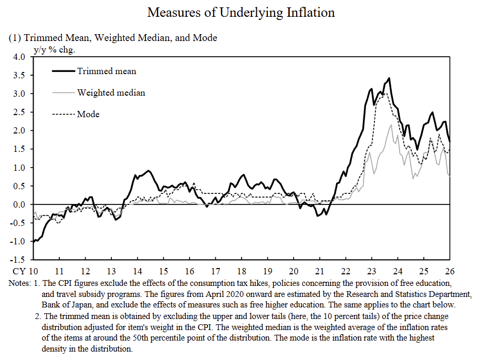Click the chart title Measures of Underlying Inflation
[241, 12]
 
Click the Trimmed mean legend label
[107, 71]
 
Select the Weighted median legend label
[111, 92]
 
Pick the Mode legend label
[88, 114]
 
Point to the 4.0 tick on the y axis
[19, 57]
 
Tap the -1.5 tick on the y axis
[18, 260]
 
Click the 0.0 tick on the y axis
[19, 204]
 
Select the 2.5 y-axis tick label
[19, 112]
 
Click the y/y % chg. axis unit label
[55, 50]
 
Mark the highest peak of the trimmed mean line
[389, 78]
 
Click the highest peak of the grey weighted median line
[391, 125]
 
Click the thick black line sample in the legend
[64, 71]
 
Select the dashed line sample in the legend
[64, 114]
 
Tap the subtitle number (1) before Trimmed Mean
[14, 38]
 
